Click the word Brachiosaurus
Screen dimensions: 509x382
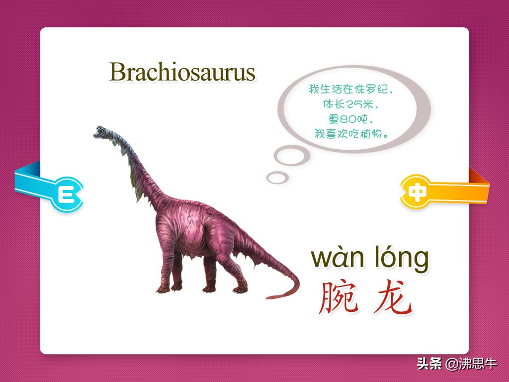coord(182,72)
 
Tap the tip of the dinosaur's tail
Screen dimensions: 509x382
coord(267,297)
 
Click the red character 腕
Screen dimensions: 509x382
coord(339,297)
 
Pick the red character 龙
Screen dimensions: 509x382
coord(393,297)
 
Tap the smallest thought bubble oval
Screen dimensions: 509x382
coord(277,178)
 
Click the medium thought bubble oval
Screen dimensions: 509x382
coord(291,156)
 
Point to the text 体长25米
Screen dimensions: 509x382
coord(350,104)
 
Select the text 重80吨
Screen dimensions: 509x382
coord(350,119)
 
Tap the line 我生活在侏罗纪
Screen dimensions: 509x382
coord(350,89)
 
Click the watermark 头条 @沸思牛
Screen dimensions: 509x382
coord(457,364)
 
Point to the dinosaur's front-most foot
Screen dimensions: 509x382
coord(163,289)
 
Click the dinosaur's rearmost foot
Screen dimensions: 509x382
coord(241,289)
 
